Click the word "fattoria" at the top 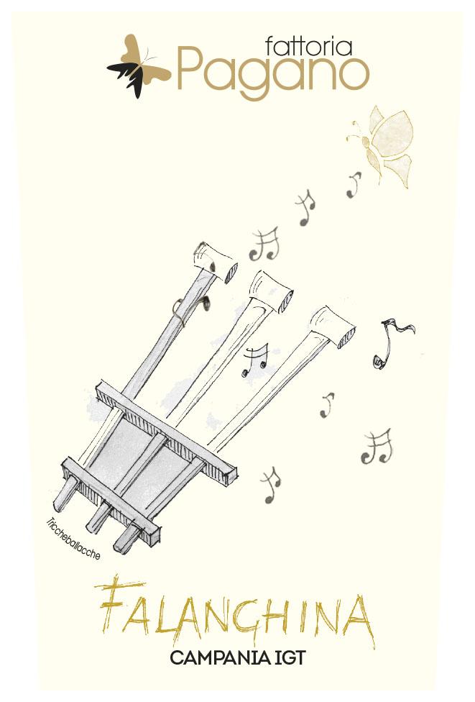(x=308, y=46)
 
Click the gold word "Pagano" (x=273, y=75)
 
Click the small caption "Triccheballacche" (x=73, y=539)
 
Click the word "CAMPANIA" (x=218, y=659)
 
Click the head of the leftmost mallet (x=215, y=263)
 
